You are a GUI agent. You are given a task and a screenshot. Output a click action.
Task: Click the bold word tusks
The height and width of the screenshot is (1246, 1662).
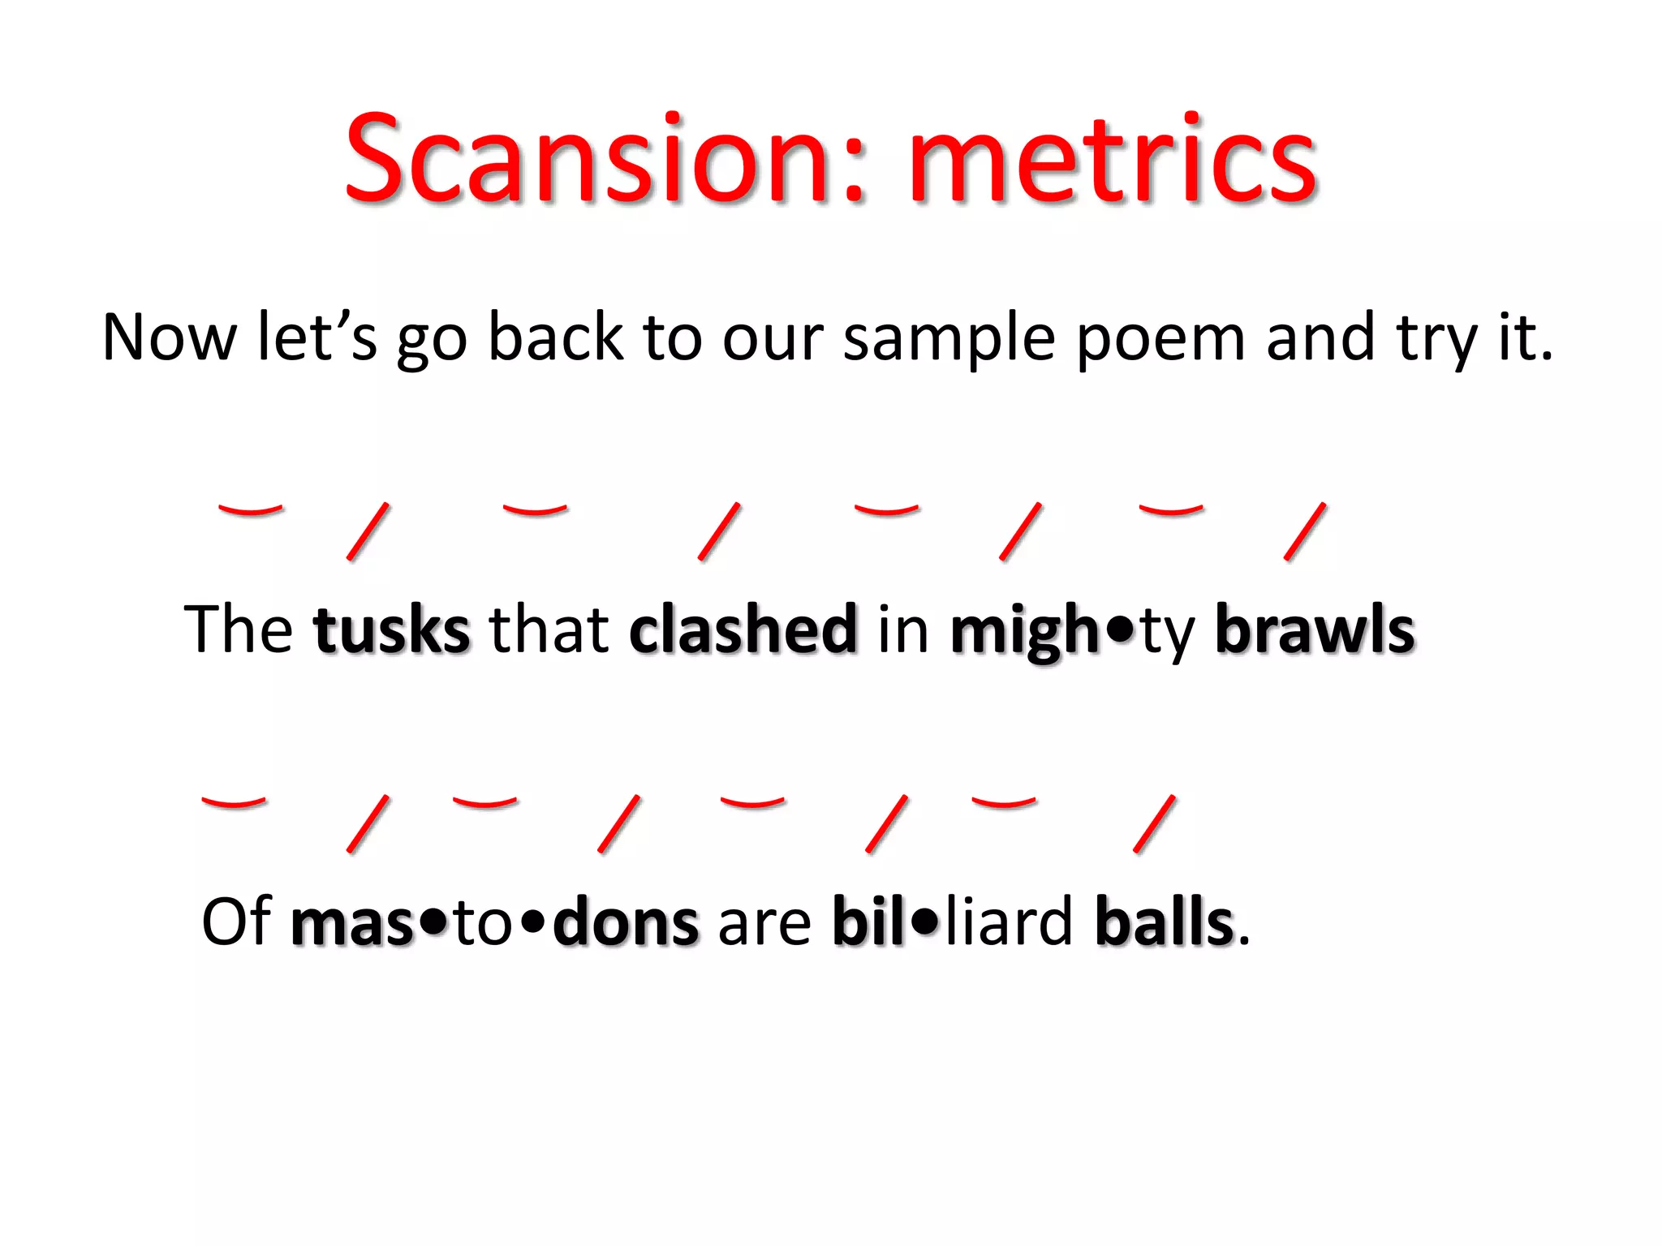392,630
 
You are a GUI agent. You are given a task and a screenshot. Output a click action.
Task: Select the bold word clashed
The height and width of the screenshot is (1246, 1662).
743,630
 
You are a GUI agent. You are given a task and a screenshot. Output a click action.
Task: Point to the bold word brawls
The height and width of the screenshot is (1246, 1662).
1315,630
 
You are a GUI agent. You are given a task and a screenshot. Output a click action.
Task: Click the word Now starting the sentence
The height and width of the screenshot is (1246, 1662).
169,338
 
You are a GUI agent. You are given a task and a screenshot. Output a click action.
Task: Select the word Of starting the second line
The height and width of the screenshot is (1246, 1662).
235,922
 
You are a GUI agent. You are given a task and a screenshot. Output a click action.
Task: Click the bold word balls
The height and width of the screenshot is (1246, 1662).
1165,922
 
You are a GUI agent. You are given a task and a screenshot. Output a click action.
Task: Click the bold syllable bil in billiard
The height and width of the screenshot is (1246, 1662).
868,922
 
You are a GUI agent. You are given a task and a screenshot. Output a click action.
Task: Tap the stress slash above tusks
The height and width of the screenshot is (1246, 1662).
368,531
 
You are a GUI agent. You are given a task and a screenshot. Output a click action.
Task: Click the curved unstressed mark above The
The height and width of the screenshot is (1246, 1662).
251,510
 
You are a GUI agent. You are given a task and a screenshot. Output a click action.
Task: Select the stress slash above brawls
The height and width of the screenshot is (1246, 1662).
1305,531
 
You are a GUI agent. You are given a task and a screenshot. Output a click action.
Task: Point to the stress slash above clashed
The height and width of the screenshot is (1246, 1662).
720,531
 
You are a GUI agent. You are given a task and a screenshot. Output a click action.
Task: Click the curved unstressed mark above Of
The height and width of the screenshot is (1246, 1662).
234,802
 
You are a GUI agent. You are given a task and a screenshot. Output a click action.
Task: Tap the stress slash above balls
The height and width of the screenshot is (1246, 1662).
1154,823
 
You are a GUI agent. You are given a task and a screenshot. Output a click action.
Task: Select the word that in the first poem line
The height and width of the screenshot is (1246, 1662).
549,630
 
